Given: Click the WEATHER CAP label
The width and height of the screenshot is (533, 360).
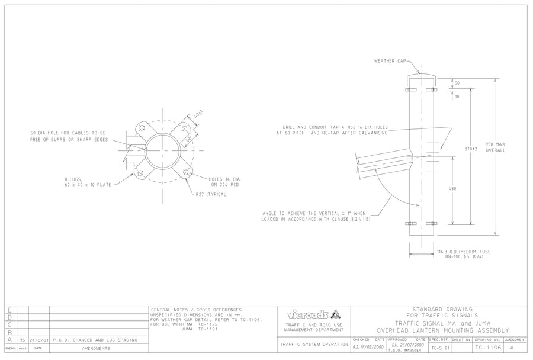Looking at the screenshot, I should coord(390,61).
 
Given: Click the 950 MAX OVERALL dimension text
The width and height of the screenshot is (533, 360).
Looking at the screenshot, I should coord(496,147).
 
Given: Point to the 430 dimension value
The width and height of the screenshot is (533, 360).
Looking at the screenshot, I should coord(452,188).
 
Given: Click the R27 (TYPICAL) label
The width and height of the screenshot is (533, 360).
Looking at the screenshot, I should coord(212,194).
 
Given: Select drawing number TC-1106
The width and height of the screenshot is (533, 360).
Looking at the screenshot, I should coord(489,348).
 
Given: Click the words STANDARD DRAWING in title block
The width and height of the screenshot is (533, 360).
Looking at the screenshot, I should coord(442,309).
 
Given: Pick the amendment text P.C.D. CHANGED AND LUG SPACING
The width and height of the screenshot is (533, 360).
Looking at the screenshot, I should coord(95,340).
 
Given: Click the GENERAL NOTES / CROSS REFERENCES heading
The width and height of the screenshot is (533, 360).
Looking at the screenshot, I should coord(197,310).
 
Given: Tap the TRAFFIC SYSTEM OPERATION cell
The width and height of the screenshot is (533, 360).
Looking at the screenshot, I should coord(313,343).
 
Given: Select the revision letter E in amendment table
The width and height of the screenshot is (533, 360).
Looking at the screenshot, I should coord(9,309).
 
